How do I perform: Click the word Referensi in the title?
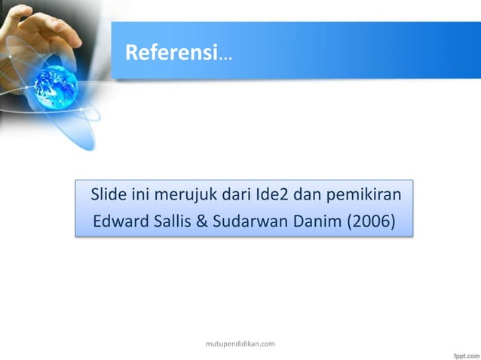tap(170, 53)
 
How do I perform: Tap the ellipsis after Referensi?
tap(225, 56)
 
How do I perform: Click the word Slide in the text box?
tap(109, 197)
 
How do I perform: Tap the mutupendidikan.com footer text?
tap(240, 343)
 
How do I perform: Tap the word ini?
tap(144, 197)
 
